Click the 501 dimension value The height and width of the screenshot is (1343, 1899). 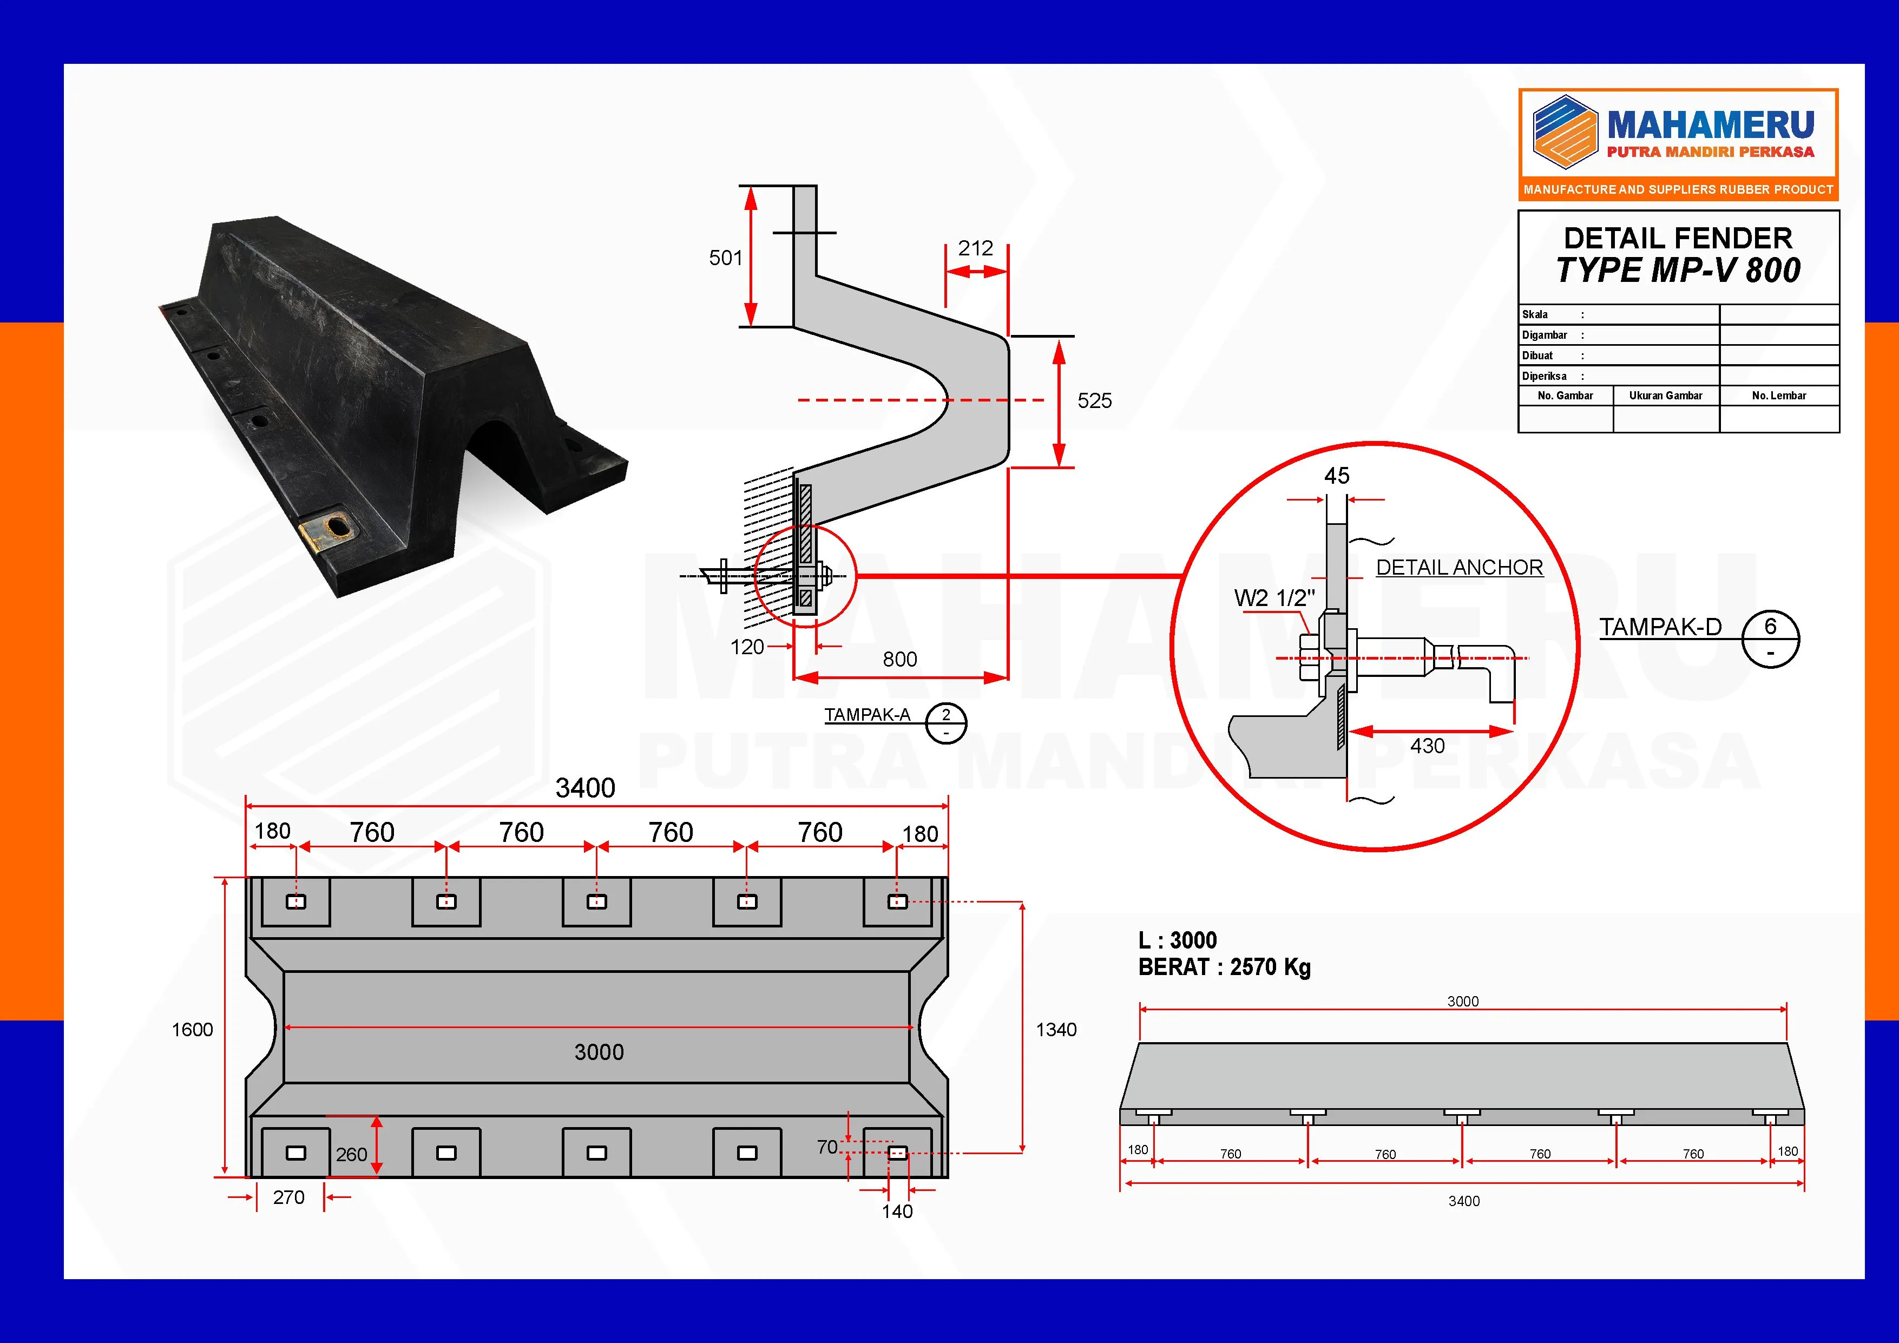pyautogui.click(x=725, y=258)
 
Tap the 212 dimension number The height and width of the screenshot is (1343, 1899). pyautogui.click(x=975, y=248)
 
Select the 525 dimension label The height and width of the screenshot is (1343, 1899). pyautogui.click(x=1094, y=401)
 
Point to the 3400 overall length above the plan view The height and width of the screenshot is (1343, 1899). pyautogui.click(x=585, y=788)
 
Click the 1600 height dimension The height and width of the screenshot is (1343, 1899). pyautogui.click(x=192, y=1030)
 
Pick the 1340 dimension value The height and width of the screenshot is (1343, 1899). pyautogui.click(x=1056, y=1030)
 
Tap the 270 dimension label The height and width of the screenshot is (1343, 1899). pyautogui.click(x=288, y=1197)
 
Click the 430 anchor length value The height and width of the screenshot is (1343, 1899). pyautogui.click(x=1428, y=746)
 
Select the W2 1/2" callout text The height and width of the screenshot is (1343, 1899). pyautogui.click(x=1274, y=598)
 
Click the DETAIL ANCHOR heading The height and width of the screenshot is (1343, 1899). pyautogui.click(x=1459, y=567)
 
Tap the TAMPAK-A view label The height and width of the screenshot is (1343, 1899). pyautogui.click(x=867, y=714)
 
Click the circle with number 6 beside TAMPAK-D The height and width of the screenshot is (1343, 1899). pyautogui.click(x=1770, y=638)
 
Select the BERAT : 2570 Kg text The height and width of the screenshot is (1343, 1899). pyautogui.click(x=1224, y=967)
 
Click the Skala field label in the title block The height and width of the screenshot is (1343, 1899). pyautogui.click(x=1535, y=314)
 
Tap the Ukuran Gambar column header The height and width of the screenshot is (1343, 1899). pyautogui.click(x=1666, y=396)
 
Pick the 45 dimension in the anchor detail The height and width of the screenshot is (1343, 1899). pyautogui.click(x=1337, y=476)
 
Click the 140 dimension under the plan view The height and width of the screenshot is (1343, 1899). pyautogui.click(x=897, y=1212)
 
